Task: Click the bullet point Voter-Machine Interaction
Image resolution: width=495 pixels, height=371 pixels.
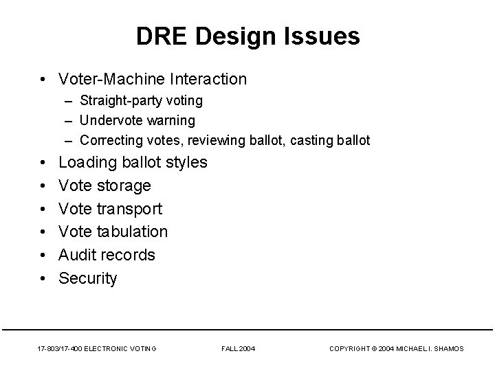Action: [x=153, y=79]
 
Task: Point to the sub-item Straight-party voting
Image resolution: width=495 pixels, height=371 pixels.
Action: [x=141, y=100]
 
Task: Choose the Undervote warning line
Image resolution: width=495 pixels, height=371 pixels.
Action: [x=137, y=120]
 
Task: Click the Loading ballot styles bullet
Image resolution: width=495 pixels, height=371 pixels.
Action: [x=133, y=163]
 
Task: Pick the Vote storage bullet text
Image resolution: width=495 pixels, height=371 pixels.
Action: [x=104, y=185]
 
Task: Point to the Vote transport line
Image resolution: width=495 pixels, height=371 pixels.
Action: [x=111, y=209]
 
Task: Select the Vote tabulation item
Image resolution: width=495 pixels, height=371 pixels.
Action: [x=113, y=232]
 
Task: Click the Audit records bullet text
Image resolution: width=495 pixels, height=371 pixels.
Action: [x=107, y=255]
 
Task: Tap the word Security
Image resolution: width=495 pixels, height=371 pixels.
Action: [x=88, y=278]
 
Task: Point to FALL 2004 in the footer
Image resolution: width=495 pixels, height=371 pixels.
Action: [x=239, y=349]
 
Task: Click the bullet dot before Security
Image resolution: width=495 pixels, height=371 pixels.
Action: [x=43, y=278]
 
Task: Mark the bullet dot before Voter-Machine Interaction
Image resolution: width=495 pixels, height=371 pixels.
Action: [x=43, y=79]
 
